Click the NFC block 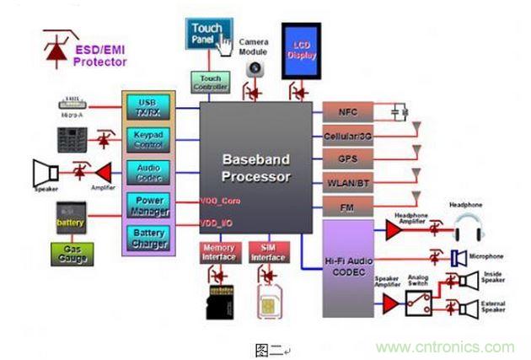[346, 110]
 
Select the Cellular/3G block [346, 135]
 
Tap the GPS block [346, 158]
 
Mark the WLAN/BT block [346, 181]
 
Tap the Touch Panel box [207, 35]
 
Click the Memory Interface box [218, 252]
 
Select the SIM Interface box [269, 252]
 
